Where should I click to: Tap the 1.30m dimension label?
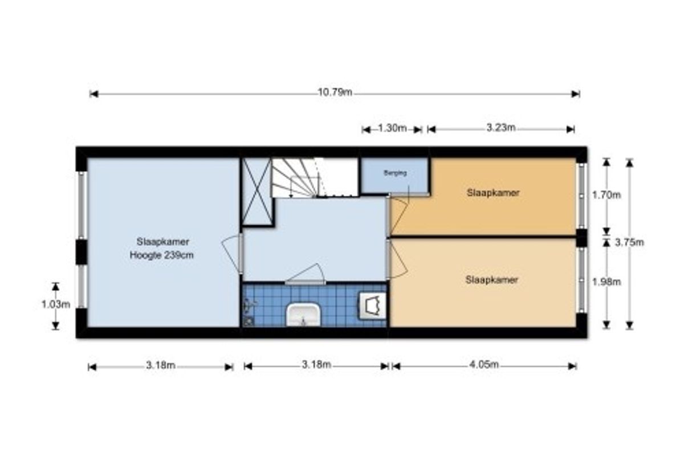(x=392, y=128)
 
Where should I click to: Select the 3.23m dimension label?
(x=501, y=128)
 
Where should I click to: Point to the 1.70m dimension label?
(x=606, y=195)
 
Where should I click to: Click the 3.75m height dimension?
(x=629, y=242)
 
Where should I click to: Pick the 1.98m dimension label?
(x=606, y=282)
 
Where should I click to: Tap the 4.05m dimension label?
(x=484, y=364)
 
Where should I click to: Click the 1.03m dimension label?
(x=56, y=304)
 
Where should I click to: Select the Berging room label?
(x=395, y=173)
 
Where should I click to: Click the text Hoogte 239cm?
(x=161, y=255)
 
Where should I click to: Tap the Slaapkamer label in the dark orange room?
(x=493, y=193)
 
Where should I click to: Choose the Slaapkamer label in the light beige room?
(x=491, y=280)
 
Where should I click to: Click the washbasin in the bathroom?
(x=303, y=315)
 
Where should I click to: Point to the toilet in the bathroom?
(x=372, y=306)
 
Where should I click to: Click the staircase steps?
(x=296, y=178)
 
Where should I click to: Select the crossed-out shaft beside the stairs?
(x=257, y=192)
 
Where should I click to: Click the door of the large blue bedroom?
(x=233, y=253)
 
